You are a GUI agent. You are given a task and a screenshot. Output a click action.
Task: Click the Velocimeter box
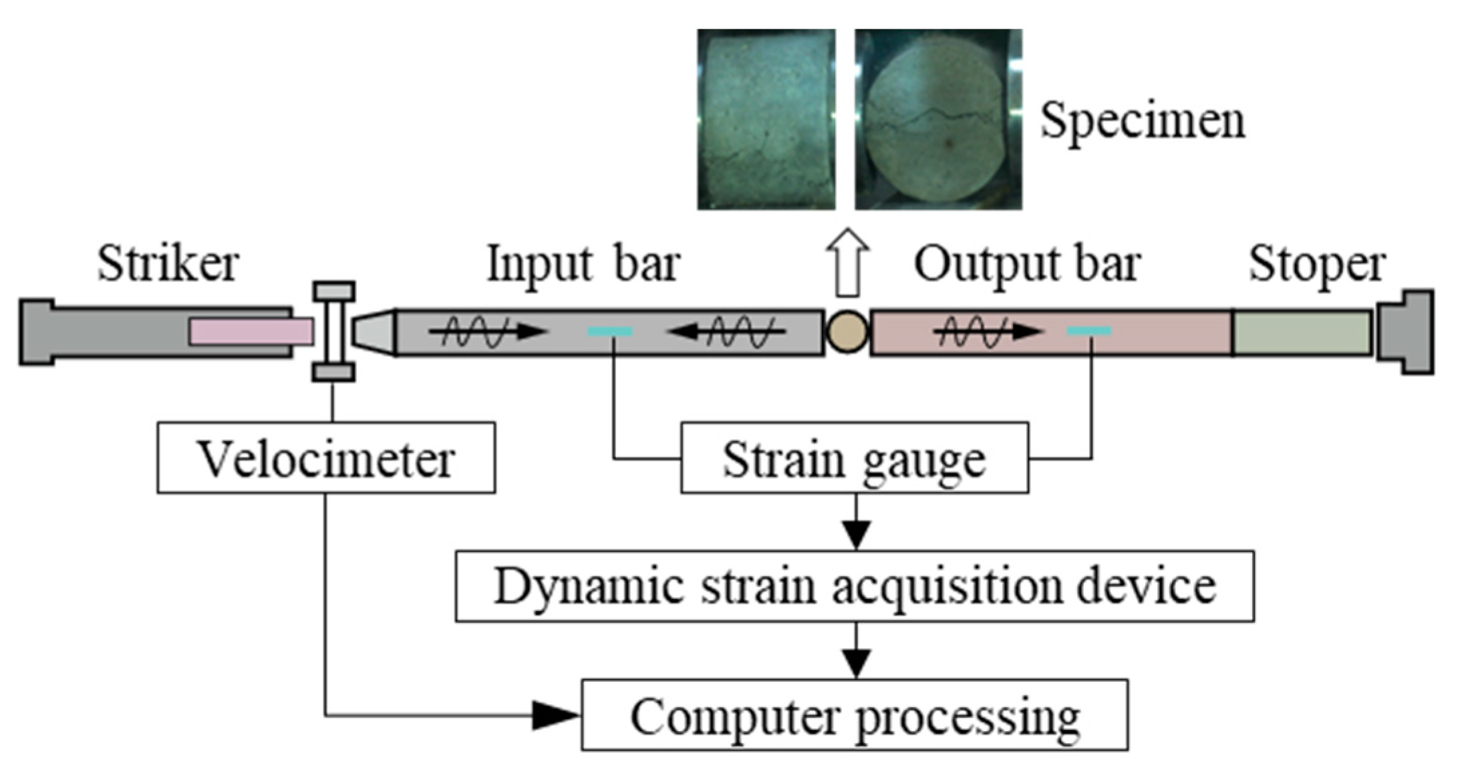click(326, 459)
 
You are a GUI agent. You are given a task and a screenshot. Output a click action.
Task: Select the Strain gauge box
click(854, 459)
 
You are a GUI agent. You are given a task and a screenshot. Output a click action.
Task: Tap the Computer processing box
click(854, 715)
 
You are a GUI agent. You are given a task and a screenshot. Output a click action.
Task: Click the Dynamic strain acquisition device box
click(854, 586)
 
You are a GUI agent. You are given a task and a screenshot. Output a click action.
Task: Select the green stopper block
click(1302, 332)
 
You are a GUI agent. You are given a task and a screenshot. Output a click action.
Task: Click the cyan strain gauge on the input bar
click(609, 331)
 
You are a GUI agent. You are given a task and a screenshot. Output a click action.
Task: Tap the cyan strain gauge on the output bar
click(1088, 331)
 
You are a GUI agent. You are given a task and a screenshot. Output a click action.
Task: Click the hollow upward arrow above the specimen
click(847, 262)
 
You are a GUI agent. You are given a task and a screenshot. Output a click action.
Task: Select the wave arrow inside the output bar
click(988, 331)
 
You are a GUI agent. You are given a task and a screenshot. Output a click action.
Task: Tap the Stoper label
click(1316, 264)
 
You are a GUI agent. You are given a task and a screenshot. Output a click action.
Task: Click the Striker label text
click(168, 264)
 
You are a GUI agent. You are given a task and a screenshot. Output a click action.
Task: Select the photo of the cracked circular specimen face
click(938, 119)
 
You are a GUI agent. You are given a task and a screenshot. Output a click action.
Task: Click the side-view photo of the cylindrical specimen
click(766, 119)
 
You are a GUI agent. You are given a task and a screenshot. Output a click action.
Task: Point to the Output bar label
click(1027, 264)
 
